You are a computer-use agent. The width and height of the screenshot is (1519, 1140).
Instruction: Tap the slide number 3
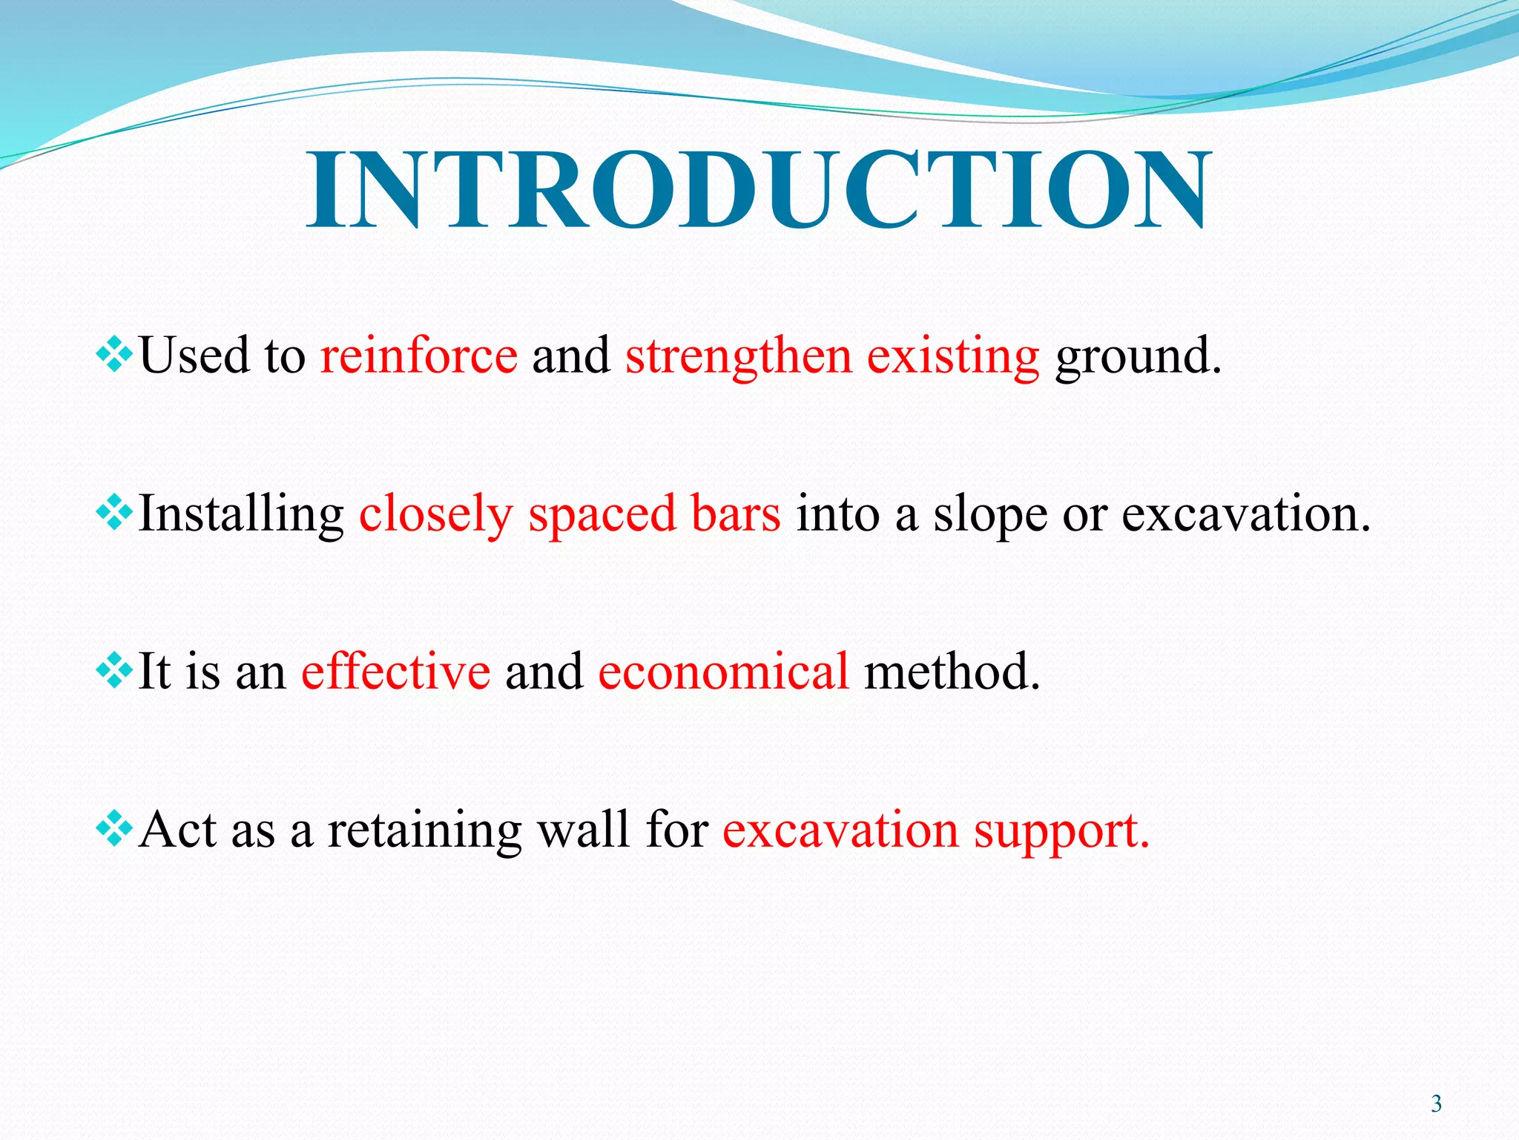pos(1436,1104)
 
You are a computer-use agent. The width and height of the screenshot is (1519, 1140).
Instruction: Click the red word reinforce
pos(418,356)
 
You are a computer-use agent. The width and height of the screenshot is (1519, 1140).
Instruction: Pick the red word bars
pos(735,514)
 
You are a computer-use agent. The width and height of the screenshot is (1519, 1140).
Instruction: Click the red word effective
pos(395,671)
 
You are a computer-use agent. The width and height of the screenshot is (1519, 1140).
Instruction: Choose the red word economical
pos(723,671)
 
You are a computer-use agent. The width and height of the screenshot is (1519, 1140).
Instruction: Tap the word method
pos(952,671)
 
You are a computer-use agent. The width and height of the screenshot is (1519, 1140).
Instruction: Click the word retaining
pos(424,831)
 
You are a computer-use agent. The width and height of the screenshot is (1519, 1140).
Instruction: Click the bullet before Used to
pos(114,354)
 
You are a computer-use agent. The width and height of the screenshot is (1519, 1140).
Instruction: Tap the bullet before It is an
pos(114,671)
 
